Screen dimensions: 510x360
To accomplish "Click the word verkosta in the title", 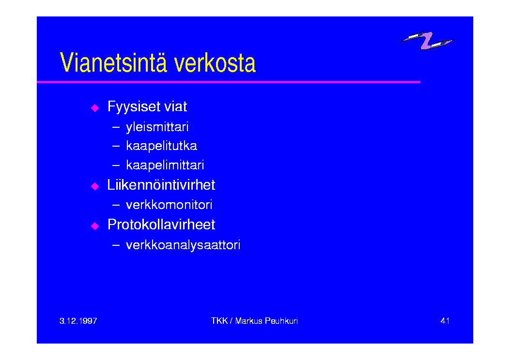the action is pos(215,63).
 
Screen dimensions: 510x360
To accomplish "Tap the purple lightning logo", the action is pos(427,40).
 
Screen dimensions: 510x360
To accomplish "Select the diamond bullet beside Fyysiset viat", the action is pos(95,108).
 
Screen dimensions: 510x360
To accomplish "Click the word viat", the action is pos(176,106).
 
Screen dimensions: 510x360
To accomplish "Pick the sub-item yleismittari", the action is pos(157,127).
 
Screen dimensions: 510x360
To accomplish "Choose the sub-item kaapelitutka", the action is pos(161,146).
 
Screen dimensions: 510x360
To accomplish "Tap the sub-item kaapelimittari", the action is pos(165,165).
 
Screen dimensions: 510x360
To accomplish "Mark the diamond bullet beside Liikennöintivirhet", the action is pos(95,186).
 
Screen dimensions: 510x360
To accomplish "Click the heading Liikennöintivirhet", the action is pos(161,185).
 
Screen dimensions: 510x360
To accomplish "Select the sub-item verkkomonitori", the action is pos(169,205).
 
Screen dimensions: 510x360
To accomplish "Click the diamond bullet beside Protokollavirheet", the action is pos(95,226).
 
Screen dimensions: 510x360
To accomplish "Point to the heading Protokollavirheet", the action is pos(161,225).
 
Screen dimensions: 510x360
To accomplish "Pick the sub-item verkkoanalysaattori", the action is pos(183,245).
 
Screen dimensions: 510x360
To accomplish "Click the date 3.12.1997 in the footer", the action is pos(78,321).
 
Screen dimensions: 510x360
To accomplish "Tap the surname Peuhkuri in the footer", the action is pos(281,321).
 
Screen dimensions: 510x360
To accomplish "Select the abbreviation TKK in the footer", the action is pos(219,321).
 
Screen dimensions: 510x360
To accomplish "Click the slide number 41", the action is pos(445,321).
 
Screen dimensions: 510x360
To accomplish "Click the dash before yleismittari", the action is pos(116,127).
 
